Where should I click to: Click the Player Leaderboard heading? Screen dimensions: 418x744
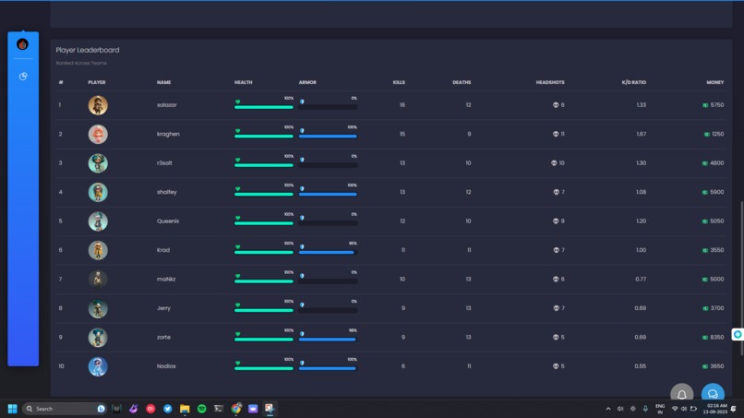tap(88, 50)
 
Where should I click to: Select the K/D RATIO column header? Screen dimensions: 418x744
tap(633, 82)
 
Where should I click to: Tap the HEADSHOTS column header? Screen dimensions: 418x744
tap(550, 82)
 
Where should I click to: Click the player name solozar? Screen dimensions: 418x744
tap(166, 105)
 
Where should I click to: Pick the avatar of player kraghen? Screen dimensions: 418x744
tap(98, 134)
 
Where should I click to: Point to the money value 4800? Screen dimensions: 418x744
tap(716, 163)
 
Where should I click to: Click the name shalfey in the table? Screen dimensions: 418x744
tap(166, 192)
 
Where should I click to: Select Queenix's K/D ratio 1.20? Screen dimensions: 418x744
tap(641, 221)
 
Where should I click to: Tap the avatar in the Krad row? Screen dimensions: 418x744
tap(98, 250)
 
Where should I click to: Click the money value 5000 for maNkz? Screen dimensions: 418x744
tap(716, 280)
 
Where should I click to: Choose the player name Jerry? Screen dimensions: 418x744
tap(163, 308)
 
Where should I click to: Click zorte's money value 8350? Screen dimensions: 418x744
tap(716, 338)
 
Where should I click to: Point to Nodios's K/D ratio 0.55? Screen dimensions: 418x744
tap(641, 366)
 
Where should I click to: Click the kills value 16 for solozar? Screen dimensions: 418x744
tap(402, 105)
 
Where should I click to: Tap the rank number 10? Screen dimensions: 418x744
tap(62, 366)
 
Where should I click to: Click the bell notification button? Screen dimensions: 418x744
tap(681, 395)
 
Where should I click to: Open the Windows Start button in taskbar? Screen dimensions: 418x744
tap(12, 409)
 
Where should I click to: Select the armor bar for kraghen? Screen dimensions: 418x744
tap(328, 137)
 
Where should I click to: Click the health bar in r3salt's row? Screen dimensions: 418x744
tap(264, 165)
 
